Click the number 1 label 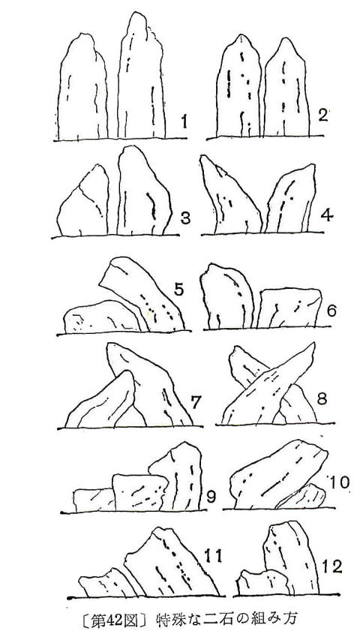[x=184, y=122]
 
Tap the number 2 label [x=322, y=116]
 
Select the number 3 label [x=184, y=219]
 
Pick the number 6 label [x=331, y=311]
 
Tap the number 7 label [x=195, y=403]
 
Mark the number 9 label [x=211, y=497]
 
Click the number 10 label [x=340, y=482]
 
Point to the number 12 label [x=332, y=566]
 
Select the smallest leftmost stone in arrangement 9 [x=94, y=500]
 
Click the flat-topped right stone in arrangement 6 [x=289, y=308]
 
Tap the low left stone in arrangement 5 [x=103, y=317]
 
